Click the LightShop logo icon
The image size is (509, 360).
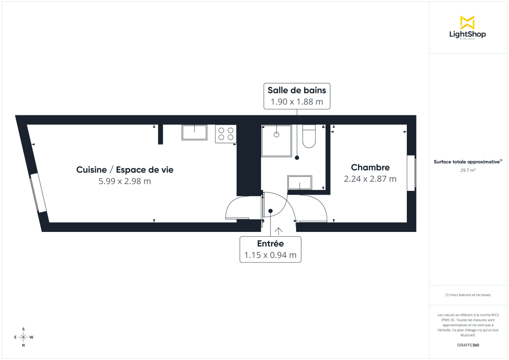click(467, 22)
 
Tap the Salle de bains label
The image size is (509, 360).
click(296, 90)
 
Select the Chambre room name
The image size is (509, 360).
click(370, 167)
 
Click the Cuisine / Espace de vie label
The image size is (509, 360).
click(125, 170)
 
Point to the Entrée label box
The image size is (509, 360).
click(271, 249)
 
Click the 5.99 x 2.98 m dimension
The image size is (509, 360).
click(125, 181)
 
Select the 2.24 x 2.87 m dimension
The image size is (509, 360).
click(370, 179)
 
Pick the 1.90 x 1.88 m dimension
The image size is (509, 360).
click(296, 102)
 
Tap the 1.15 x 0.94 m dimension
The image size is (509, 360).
click(270, 255)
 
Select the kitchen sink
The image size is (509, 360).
click(194, 132)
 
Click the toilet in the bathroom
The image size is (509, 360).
click(309, 137)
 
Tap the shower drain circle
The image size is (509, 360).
click(277, 134)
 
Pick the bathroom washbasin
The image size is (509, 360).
click(300, 182)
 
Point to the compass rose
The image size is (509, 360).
click(23, 337)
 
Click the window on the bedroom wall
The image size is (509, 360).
click(411, 173)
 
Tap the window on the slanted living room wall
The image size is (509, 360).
click(38, 193)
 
